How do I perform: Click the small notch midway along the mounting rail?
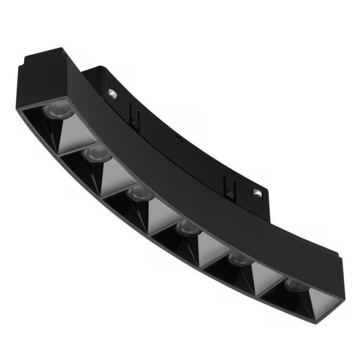pyautogui.click(x=179, y=139)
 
